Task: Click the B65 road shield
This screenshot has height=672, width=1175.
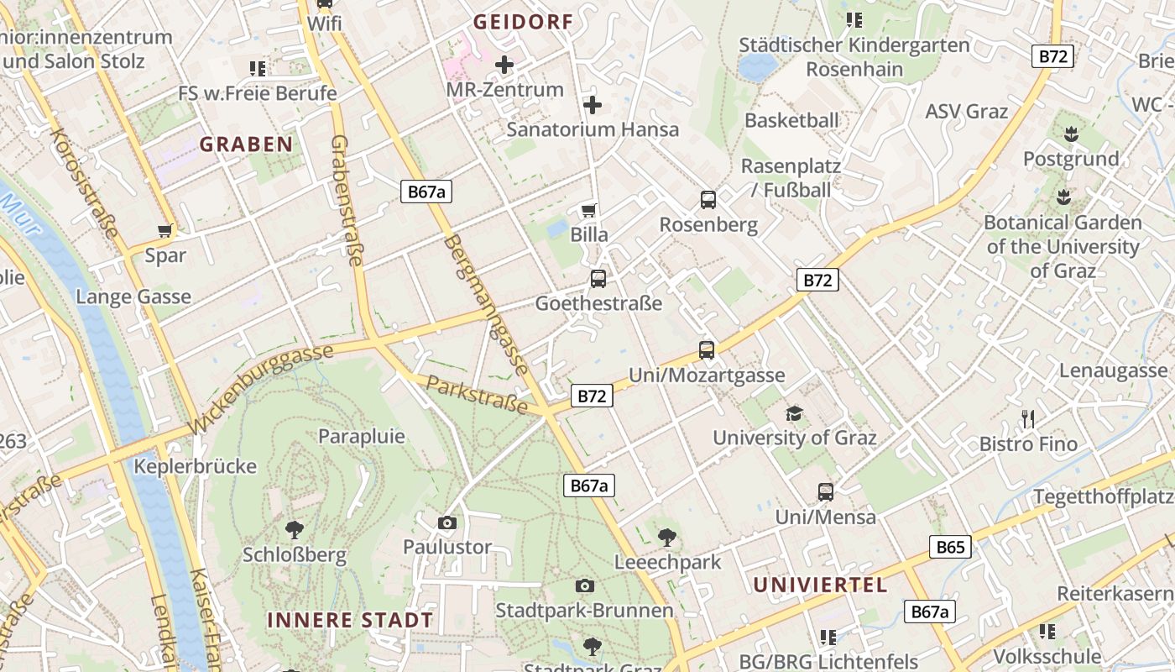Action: [950, 548]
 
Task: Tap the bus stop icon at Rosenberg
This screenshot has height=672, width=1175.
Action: [708, 200]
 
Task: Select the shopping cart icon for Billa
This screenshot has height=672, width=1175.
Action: [589, 210]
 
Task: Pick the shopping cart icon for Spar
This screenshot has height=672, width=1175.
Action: [165, 230]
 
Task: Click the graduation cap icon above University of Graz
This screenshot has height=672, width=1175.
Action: [794, 413]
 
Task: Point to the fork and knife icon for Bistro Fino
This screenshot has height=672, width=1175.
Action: [1028, 418]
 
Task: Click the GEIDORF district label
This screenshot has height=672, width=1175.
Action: [523, 23]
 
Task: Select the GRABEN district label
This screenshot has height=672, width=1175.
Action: [246, 144]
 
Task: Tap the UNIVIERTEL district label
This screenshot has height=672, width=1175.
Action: [820, 585]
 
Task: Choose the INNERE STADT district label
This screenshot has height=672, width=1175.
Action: [350, 621]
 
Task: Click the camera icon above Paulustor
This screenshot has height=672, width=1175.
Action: [447, 522]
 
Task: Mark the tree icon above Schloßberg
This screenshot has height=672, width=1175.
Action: [294, 529]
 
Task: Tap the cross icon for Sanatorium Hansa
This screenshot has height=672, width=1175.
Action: [593, 105]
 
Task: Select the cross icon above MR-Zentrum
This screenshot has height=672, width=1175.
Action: [504, 64]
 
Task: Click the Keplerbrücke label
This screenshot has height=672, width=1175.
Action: [196, 466]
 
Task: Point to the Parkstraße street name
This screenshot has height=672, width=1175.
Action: [477, 395]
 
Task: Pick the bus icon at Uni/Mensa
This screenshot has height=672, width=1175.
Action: [826, 492]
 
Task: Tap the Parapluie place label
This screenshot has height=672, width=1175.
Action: [361, 437]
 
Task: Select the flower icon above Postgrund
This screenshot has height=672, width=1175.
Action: [1071, 134]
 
